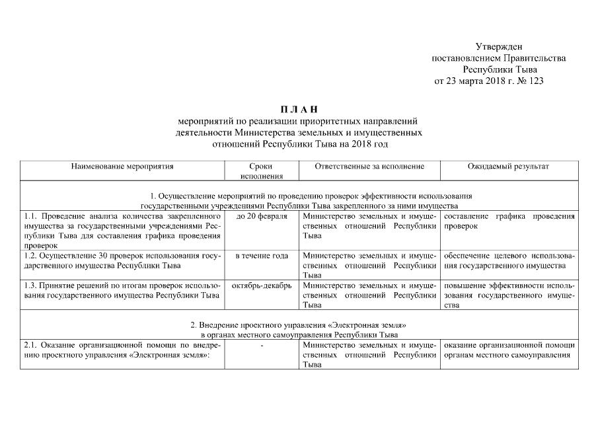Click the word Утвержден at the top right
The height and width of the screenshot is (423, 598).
499,46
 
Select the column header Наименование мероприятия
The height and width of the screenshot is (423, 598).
122,167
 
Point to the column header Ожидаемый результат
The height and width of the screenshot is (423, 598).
508,167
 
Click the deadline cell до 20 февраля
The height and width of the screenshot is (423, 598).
262,217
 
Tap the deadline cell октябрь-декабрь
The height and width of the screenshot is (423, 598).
262,285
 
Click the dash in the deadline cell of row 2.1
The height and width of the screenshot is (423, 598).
262,346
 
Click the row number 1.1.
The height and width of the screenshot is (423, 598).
30,217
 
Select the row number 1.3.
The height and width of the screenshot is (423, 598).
30,285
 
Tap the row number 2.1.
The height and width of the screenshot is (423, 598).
30,346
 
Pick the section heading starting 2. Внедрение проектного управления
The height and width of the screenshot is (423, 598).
299,326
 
